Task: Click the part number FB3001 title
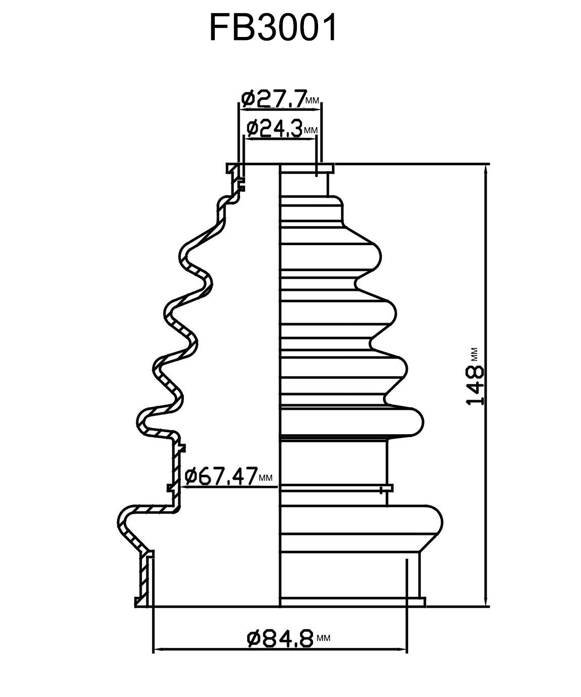[x=273, y=28]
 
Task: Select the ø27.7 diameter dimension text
[x=274, y=100]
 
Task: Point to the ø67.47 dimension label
[x=221, y=477]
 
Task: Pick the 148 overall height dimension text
[x=475, y=385]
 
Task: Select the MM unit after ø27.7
[x=313, y=102]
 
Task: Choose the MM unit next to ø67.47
[x=265, y=478]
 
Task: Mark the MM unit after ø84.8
[x=323, y=639]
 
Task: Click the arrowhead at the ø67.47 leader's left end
[x=182, y=487]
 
